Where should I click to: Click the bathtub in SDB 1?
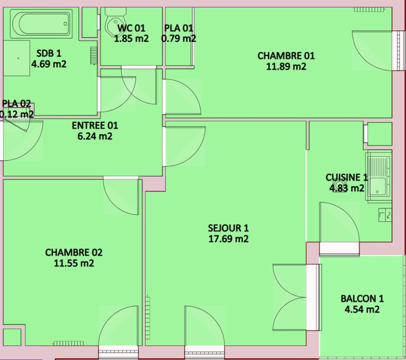click(41, 24)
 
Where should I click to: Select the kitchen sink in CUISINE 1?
click(378, 176)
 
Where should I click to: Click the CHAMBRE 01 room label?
click(286, 56)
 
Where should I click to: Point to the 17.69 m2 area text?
click(228, 239)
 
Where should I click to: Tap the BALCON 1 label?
click(362, 299)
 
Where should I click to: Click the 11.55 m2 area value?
click(74, 263)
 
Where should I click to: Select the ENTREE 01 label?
click(95, 125)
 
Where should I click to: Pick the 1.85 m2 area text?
click(131, 38)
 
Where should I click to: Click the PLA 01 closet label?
click(179, 28)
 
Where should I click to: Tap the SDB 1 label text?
click(49, 53)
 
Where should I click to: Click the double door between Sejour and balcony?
click(290, 297)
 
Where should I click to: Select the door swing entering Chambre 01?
click(183, 97)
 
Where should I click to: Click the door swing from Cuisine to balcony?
click(339, 222)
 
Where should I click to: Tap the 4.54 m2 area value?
click(362, 309)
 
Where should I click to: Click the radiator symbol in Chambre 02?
click(68, 343)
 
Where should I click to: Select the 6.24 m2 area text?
click(95, 136)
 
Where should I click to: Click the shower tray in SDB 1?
click(16, 58)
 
